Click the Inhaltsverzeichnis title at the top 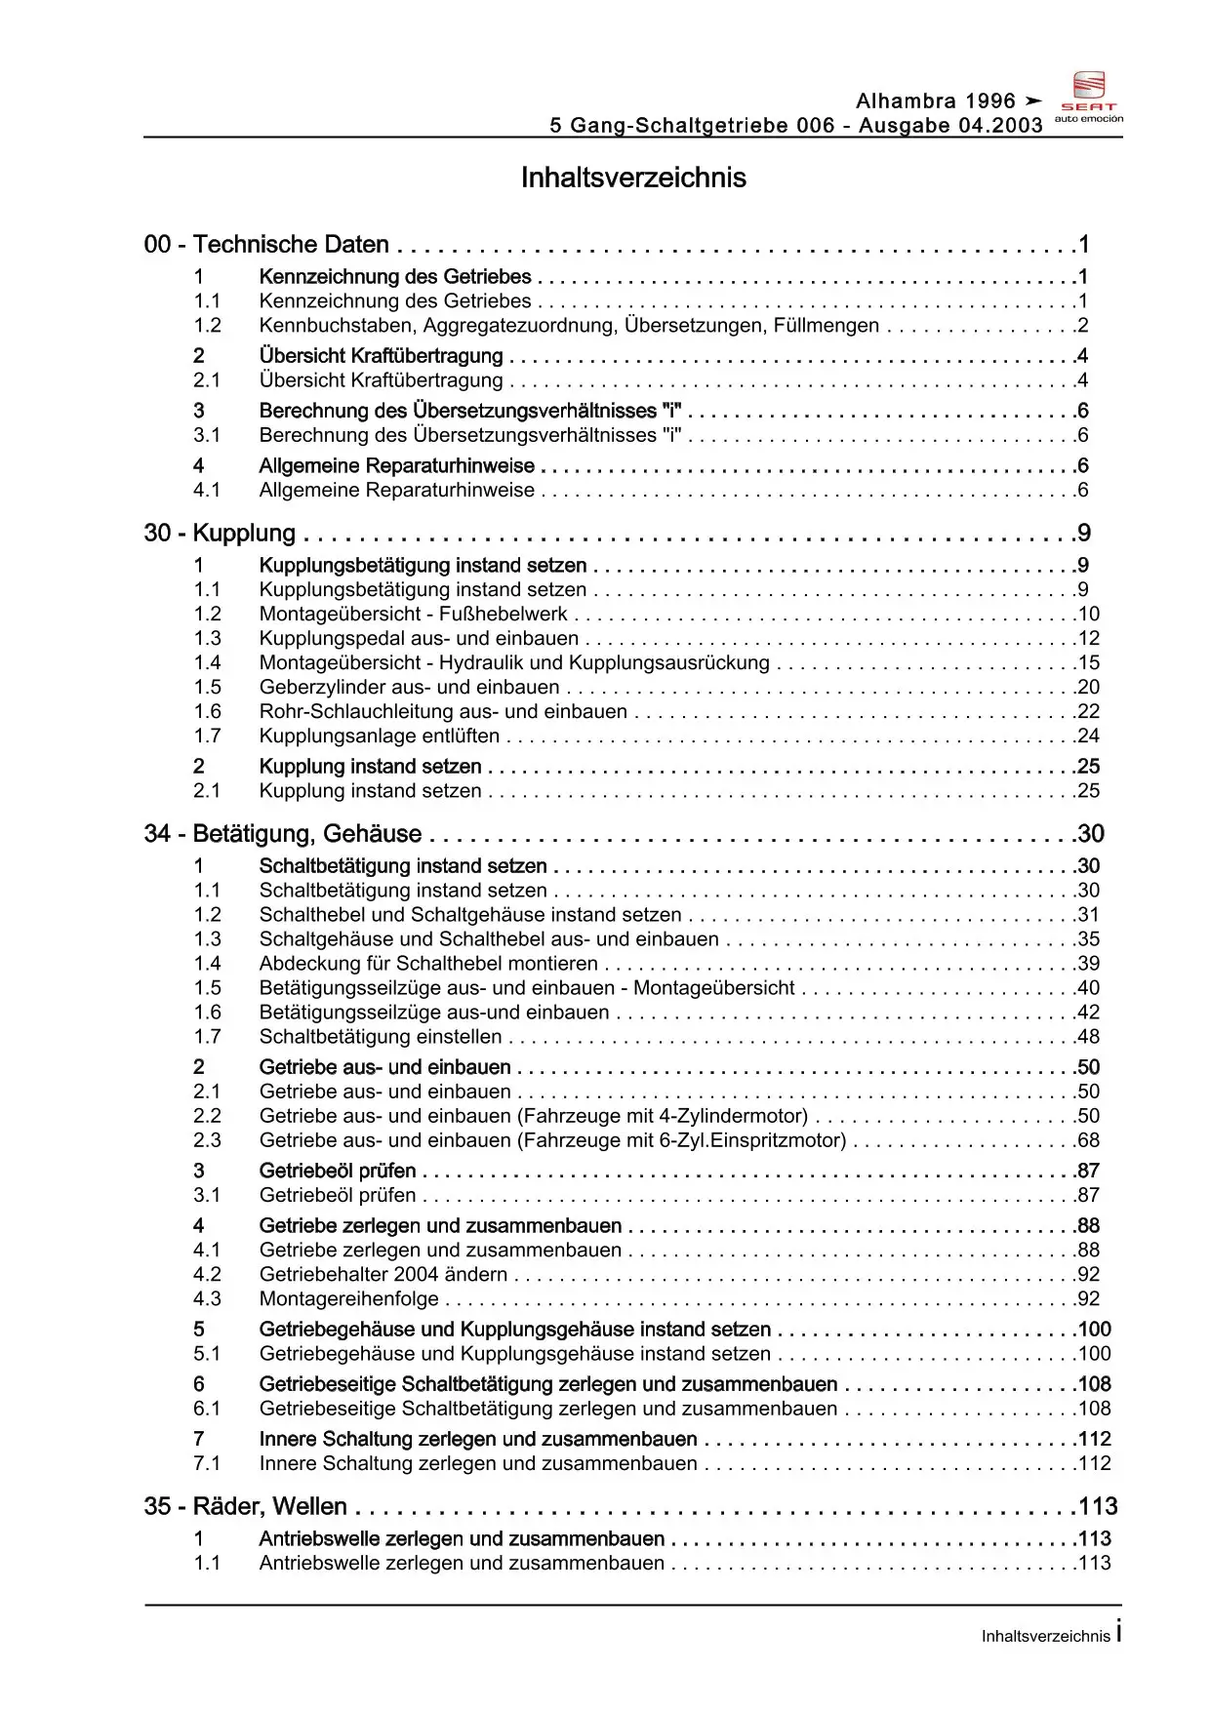pos(633,178)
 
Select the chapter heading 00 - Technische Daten pos(266,245)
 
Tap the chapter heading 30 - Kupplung pos(220,534)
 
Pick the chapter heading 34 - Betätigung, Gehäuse pos(283,834)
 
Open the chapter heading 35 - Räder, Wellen pos(245,1507)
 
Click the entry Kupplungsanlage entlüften pos(379,736)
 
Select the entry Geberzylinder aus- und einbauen pos(409,688)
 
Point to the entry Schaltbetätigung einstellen pos(381,1037)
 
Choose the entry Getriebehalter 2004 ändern pos(383,1275)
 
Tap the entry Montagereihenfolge pos(348,1299)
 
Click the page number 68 pos(1088,1140)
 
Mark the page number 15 pos(1088,663)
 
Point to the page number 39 pos(1088,964)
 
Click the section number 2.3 pos(207,1140)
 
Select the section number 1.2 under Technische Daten pos(207,326)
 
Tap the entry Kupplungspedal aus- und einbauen pos(419,639)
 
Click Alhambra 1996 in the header pos(936,101)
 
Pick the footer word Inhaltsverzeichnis pos(1045,1636)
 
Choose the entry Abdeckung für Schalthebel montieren pos(428,964)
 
